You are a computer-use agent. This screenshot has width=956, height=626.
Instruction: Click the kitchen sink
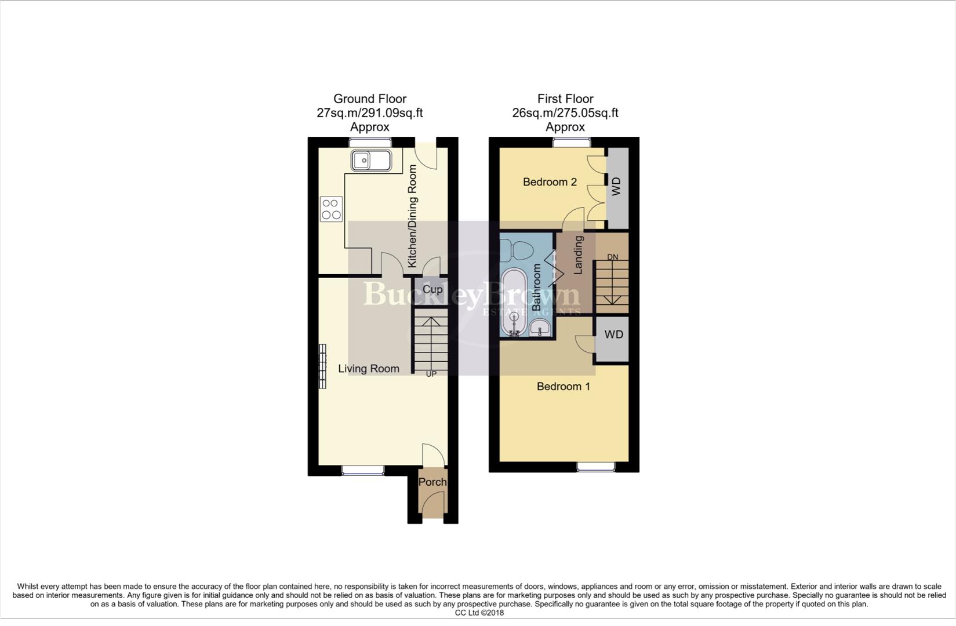click(x=370, y=160)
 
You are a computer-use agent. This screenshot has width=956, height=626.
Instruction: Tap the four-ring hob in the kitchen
click(x=331, y=209)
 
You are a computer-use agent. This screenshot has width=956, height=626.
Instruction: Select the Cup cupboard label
click(x=432, y=289)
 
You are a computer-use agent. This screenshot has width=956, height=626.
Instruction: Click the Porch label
click(x=432, y=482)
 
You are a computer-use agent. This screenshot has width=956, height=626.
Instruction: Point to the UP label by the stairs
click(x=431, y=374)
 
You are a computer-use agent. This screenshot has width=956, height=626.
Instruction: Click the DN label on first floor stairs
click(x=613, y=257)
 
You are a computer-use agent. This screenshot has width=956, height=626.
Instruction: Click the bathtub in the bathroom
click(x=514, y=301)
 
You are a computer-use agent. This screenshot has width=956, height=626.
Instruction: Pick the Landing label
click(x=578, y=254)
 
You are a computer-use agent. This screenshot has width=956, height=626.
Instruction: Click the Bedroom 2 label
click(x=550, y=182)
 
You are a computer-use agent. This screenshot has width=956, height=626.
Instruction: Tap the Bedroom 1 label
click(x=563, y=386)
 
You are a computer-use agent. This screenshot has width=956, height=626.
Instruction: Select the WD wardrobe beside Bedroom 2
click(x=617, y=187)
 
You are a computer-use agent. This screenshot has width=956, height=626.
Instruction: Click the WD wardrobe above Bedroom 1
click(x=613, y=334)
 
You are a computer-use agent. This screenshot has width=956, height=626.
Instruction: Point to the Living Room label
click(x=369, y=369)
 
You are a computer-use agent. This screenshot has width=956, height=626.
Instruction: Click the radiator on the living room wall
click(x=322, y=366)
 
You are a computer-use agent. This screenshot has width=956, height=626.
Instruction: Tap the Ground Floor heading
click(x=370, y=99)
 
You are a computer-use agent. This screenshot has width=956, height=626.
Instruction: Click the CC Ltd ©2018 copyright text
click(x=479, y=613)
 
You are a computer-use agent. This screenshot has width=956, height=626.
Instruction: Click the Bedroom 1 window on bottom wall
click(x=595, y=466)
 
